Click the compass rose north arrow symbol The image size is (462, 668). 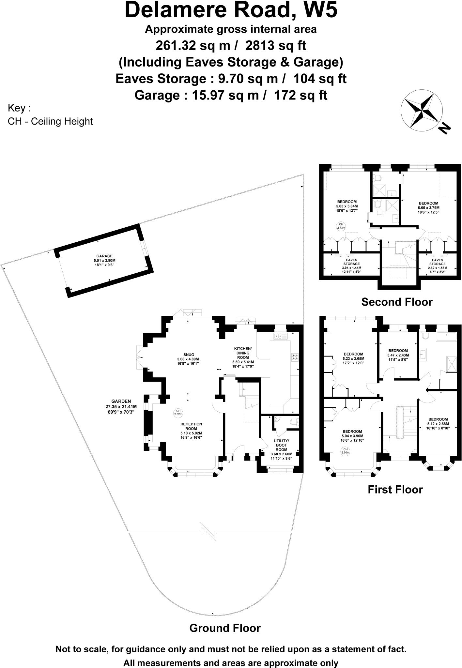(x=422, y=111)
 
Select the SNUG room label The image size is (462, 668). (x=188, y=358)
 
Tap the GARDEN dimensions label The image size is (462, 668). (x=121, y=406)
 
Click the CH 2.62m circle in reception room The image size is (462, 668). (x=178, y=412)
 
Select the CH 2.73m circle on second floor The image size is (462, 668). (x=341, y=226)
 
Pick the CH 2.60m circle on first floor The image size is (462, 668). (x=345, y=451)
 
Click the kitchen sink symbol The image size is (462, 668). (x=280, y=336)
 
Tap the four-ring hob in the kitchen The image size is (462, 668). (x=294, y=357)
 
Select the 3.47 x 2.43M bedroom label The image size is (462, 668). (x=398, y=355)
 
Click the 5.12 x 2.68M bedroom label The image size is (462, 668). (x=438, y=424)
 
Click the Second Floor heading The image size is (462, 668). (x=397, y=302)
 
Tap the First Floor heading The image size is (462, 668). (x=395, y=489)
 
